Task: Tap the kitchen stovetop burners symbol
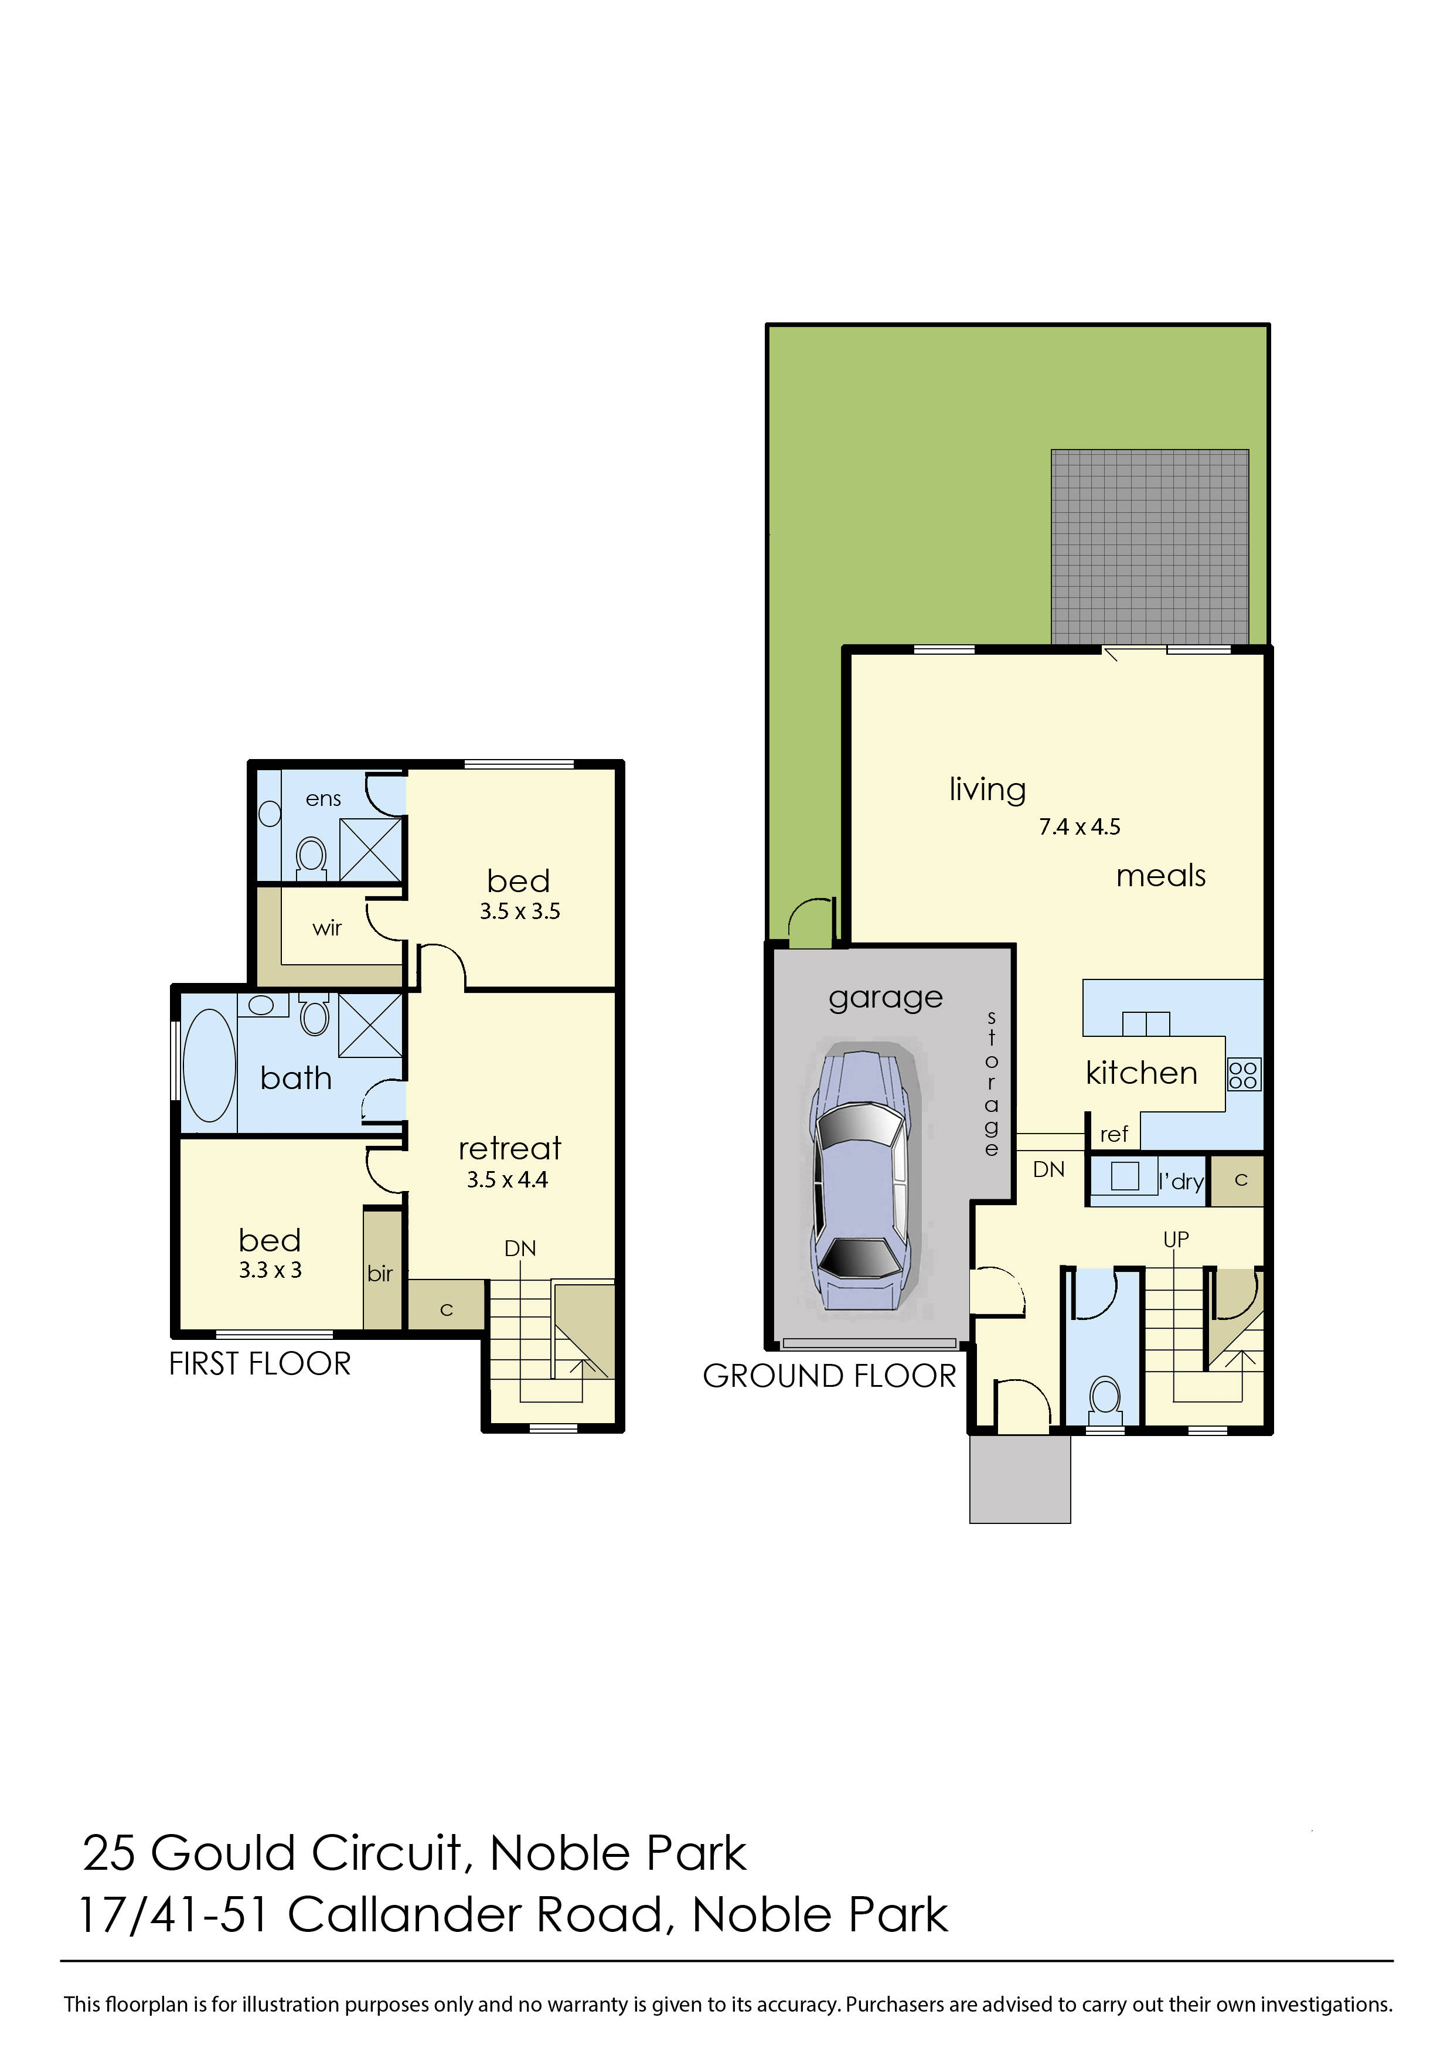[x=1244, y=1074]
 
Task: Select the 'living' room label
[x=987, y=789]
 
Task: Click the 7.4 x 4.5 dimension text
[x=1079, y=826]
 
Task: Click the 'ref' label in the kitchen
[x=1114, y=1135]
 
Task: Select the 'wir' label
[x=327, y=928]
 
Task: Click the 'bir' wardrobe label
[x=380, y=1273]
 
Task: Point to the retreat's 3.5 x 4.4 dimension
[x=507, y=1179]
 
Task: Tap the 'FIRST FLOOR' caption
[x=260, y=1364]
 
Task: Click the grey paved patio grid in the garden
[x=1150, y=546]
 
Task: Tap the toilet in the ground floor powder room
[x=1105, y=1399]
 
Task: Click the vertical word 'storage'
[x=991, y=1083]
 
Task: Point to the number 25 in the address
[x=108, y=1853]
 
